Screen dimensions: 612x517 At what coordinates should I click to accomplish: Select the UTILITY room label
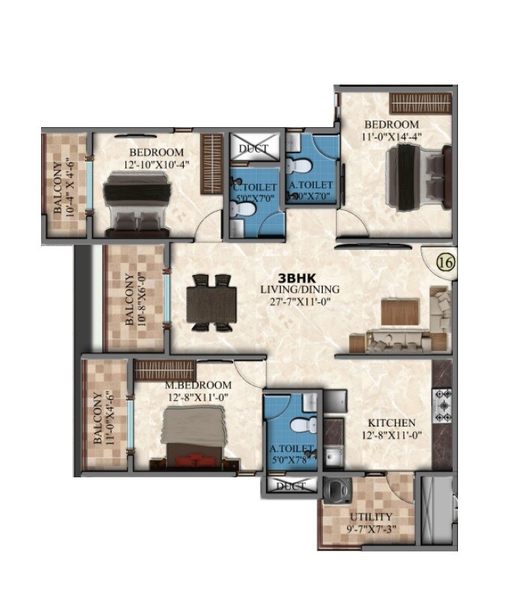pyautogui.click(x=371, y=517)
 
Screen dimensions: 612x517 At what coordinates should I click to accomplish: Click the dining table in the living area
pyautogui.click(x=211, y=303)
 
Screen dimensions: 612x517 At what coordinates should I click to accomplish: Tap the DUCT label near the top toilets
pyautogui.click(x=253, y=149)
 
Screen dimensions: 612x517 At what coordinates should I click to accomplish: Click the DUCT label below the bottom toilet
pyautogui.click(x=291, y=486)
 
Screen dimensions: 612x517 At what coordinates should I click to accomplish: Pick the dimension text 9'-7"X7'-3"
pyautogui.click(x=371, y=530)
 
